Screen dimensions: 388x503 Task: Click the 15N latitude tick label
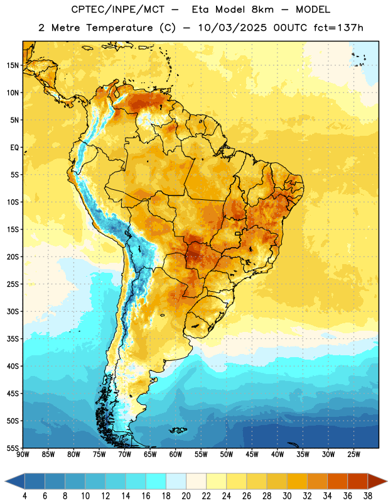pyautogui.click(x=13, y=65)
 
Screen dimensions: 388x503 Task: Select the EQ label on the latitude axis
pyautogui.click(x=14, y=148)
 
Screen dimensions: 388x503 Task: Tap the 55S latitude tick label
pyautogui.click(x=13, y=448)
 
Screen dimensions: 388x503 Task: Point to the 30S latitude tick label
pyautogui.click(x=13, y=311)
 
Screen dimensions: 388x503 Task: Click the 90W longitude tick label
pyautogui.click(x=23, y=455)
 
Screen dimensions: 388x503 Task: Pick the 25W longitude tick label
pyautogui.click(x=353, y=455)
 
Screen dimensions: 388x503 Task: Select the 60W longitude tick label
pyautogui.click(x=176, y=455)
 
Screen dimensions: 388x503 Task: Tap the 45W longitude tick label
pyautogui.click(x=252, y=455)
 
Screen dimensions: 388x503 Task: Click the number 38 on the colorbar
pyautogui.click(x=367, y=496)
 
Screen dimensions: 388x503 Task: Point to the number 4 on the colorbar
pyautogui.click(x=24, y=496)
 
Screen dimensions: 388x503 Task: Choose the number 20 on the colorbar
pyautogui.click(x=186, y=496)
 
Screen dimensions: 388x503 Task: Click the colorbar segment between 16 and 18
pyautogui.click(x=156, y=481)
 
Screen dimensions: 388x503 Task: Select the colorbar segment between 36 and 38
pyautogui.click(x=358, y=481)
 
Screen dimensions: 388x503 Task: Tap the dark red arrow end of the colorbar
pyautogui.click(x=377, y=481)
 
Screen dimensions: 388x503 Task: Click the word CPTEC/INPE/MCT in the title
pyautogui.click(x=117, y=9)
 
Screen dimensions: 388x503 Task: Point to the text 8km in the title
pyautogui.click(x=262, y=9)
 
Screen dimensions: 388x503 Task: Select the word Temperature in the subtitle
pyautogui.click(x=119, y=28)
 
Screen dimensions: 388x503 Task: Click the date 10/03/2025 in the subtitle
pyautogui.click(x=232, y=28)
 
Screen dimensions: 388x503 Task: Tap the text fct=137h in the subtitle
pyautogui.click(x=338, y=28)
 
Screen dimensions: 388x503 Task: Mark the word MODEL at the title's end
pyautogui.click(x=313, y=9)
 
